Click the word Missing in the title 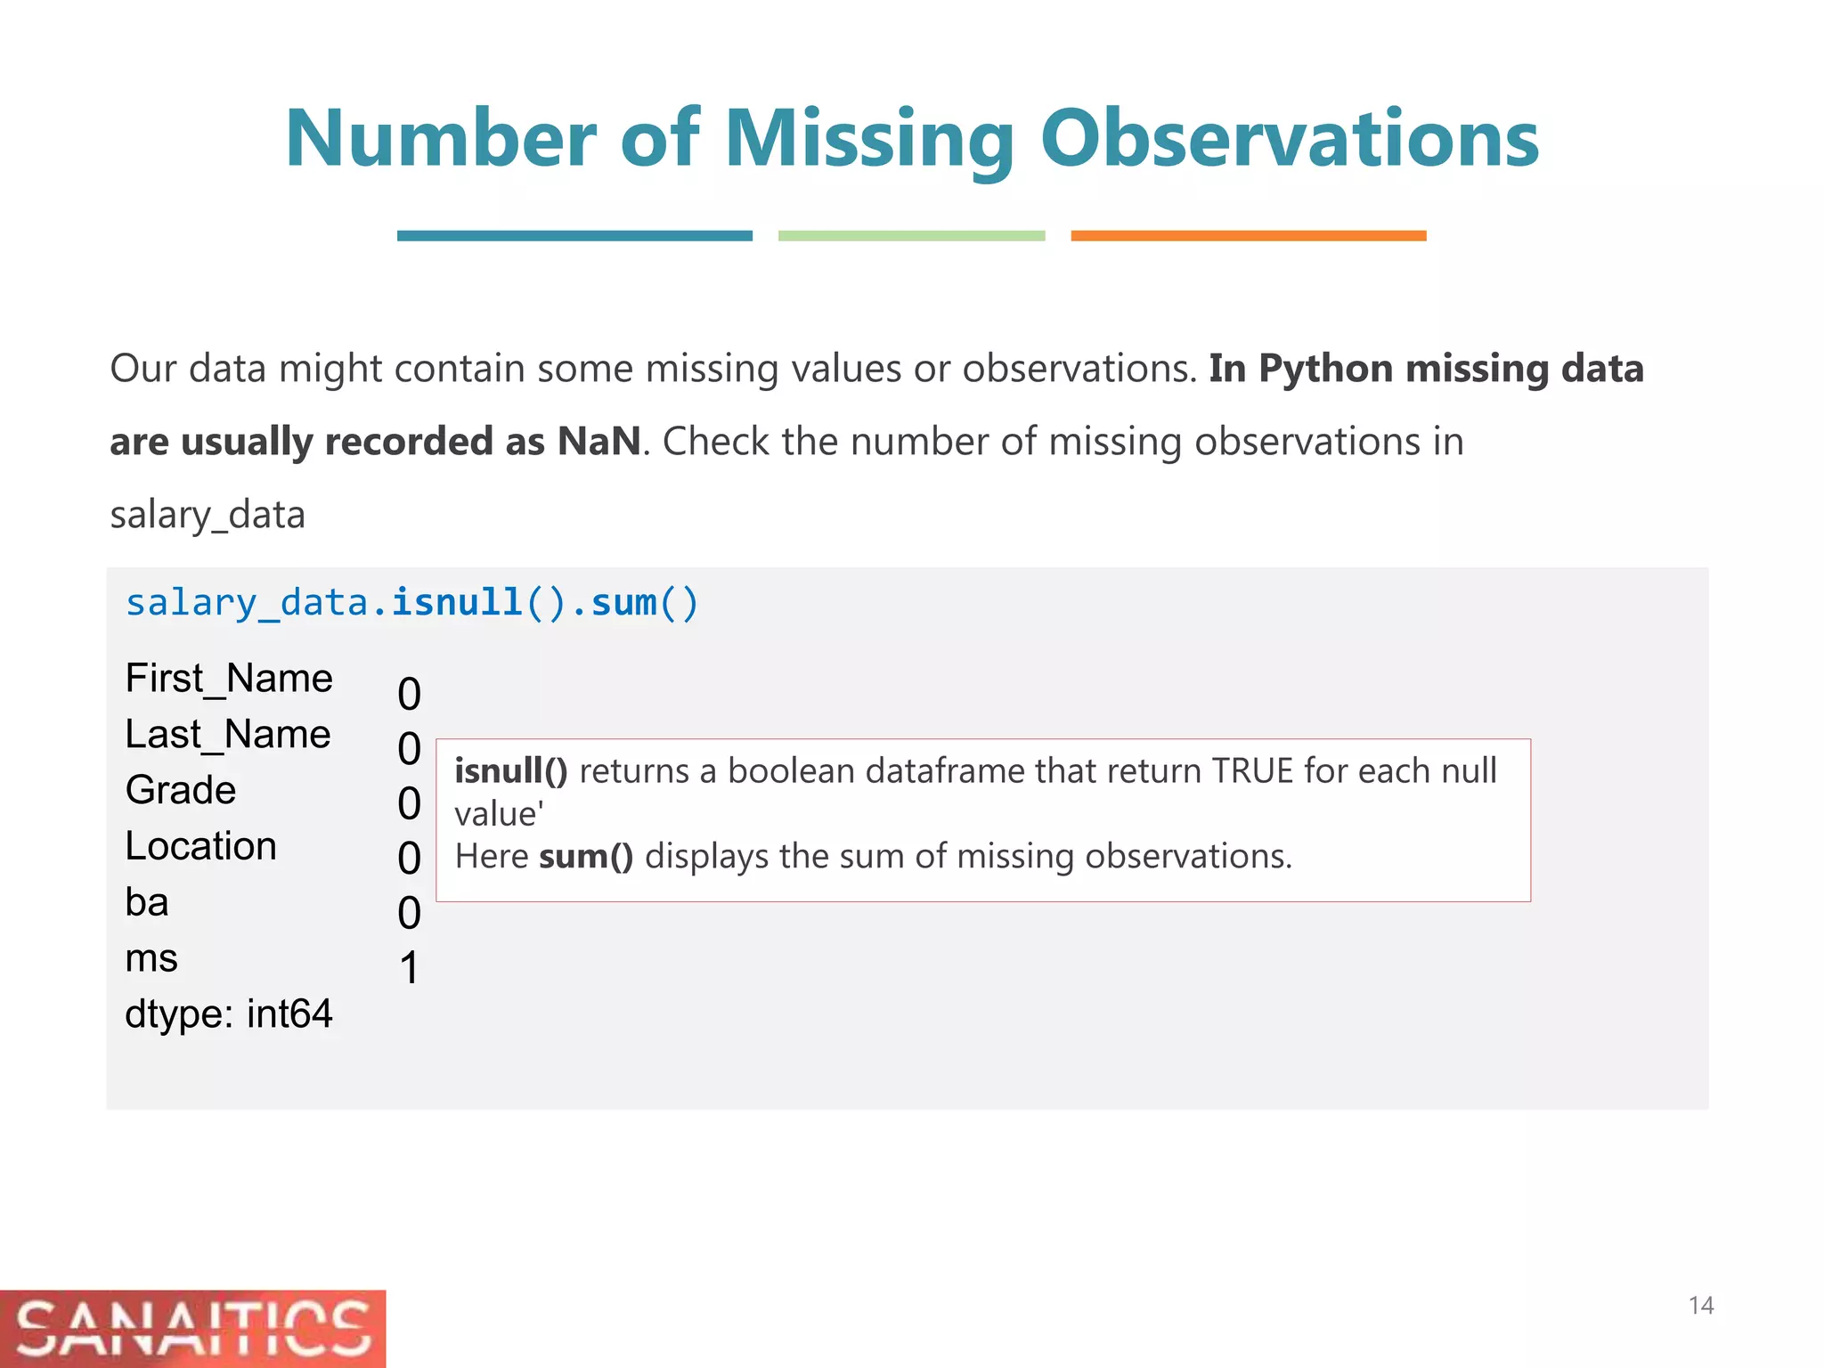tap(869, 140)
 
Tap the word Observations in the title tap(1289, 140)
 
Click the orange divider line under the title tap(1248, 236)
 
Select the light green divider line tap(911, 236)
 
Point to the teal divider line tap(574, 236)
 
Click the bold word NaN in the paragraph tap(598, 441)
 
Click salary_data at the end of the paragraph tap(208, 515)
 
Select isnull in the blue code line tap(456, 603)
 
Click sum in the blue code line tap(623, 603)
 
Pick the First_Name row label tap(229, 679)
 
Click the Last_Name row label tap(228, 735)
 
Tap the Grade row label tap(181, 790)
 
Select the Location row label tap(201, 846)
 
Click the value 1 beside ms tap(409, 968)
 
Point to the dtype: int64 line tap(229, 1014)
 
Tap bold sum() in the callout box tap(586, 857)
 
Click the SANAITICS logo tap(192, 1329)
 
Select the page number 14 tap(1700, 1306)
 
